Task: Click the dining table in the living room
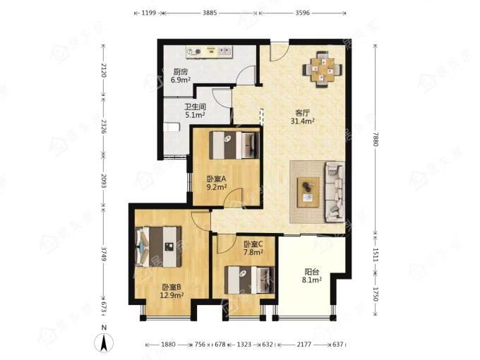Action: pyautogui.click(x=323, y=69)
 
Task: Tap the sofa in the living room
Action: pyautogui.click(x=335, y=192)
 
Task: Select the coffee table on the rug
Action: pyautogui.click(x=308, y=192)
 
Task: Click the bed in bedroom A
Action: pyautogui.click(x=234, y=145)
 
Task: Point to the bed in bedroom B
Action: pyautogui.click(x=159, y=246)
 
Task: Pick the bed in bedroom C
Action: pyautogui.click(x=249, y=280)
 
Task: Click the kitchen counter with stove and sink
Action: pyautogui.click(x=210, y=51)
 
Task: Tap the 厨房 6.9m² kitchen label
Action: pyautogui.click(x=181, y=76)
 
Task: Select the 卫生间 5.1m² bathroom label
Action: pyautogui.click(x=195, y=111)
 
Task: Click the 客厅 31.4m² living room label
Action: pyautogui.click(x=302, y=117)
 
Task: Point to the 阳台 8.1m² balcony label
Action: pyautogui.click(x=311, y=276)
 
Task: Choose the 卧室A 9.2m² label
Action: pyautogui.click(x=217, y=183)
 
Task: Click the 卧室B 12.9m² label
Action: pyautogui.click(x=172, y=291)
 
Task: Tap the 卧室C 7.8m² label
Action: pyautogui.click(x=253, y=248)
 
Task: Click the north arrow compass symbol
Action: pyautogui.click(x=104, y=340)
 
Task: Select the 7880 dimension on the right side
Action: pyautogui.click(x=376, y=139)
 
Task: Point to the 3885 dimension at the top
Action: pyautogui.click(x=210, y=13)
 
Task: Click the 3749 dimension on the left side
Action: pyautogui.click(x=103, y=254)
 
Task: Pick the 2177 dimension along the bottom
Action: pyautogui.click(x=304, y=344)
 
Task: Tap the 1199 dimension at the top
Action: pyautogui.click(x=149, y=13)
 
